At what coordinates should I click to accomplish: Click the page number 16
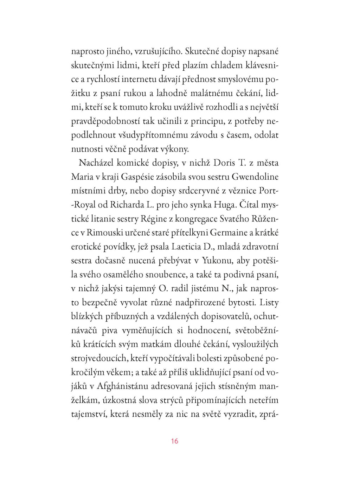point(175,441)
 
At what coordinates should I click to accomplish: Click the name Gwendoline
point(252,177)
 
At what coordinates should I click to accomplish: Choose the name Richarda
point(127,205)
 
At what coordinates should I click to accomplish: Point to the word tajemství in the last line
point(89,414)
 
